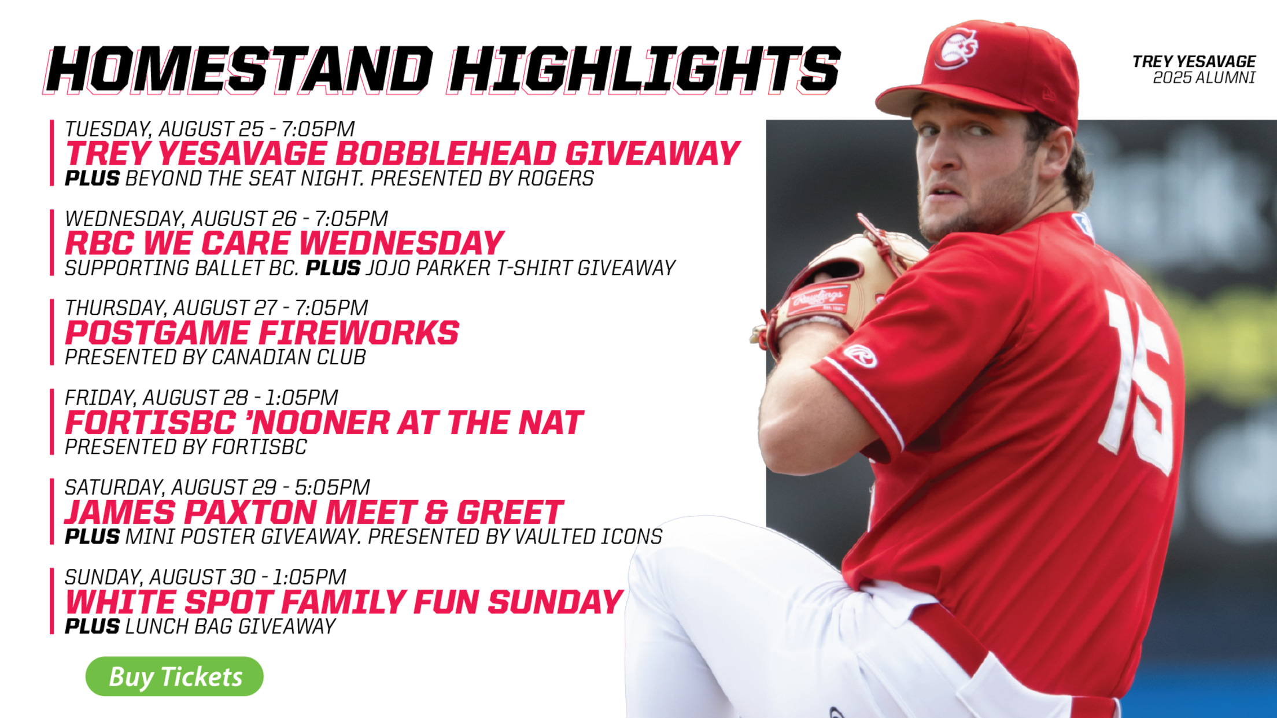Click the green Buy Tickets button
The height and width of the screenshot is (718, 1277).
(174, 676)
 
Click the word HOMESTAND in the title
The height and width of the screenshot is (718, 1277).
(238, 70)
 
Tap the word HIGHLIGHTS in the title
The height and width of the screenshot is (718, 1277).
(644, 70)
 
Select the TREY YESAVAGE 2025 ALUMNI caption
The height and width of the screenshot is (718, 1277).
(1194, 69)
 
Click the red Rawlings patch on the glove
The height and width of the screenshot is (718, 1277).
(818, 300)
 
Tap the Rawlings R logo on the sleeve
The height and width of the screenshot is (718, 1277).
(860, 356)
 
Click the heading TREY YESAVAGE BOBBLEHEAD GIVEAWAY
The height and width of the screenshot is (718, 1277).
(403, 153)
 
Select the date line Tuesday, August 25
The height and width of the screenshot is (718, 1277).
(210, 128)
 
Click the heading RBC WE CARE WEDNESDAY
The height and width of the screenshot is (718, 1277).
(285, 243)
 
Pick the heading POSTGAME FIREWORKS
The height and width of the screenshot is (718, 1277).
(262, 332)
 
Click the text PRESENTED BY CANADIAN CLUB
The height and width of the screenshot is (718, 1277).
(215, 357)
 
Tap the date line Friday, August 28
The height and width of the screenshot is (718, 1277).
(202, 397)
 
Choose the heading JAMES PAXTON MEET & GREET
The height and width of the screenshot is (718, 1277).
(314, 512)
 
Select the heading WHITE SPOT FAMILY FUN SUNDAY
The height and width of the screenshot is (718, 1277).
(344, 602)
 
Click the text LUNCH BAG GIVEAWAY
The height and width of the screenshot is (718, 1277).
(230, 626)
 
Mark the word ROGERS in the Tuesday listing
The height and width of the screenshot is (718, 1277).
(555, 178)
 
